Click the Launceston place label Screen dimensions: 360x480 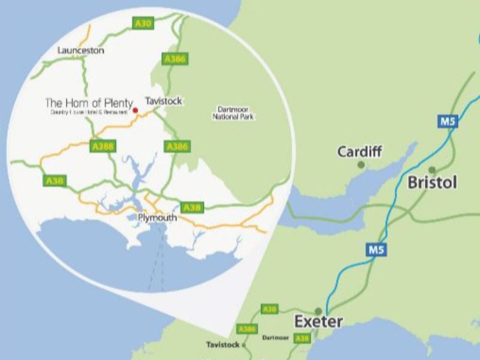(80, 50)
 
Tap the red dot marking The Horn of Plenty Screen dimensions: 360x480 (135, 110)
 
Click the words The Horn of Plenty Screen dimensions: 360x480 (89, 103)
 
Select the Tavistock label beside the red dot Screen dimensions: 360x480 (163, 101)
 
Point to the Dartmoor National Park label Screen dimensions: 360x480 (233, 113)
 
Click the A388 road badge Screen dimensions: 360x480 (103, 146)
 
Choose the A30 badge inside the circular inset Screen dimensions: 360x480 (143, 23)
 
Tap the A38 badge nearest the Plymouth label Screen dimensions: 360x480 (192, 207)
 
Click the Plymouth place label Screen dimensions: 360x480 (157, 218)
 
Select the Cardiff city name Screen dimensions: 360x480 (359, 151)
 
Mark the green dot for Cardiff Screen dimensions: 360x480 (361, 164)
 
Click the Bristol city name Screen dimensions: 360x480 (433, 182)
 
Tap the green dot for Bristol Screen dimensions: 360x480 (432, 170)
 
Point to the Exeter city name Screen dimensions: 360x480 (318, 322)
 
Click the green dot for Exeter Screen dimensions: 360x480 (319, 311)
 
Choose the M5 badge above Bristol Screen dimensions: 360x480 (448, 122)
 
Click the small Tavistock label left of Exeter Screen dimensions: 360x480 (223, 345)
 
